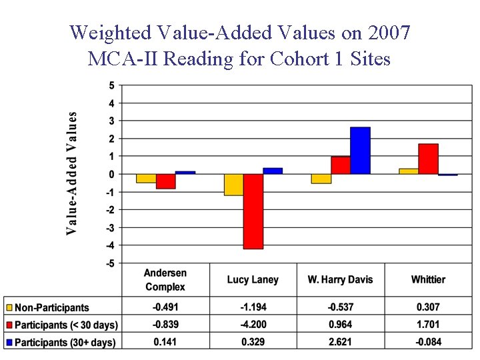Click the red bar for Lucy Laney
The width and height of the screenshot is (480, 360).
(x=253, y=211)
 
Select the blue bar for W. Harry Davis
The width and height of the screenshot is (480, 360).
(x=360, y=151)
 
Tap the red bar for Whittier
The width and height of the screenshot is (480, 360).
(x=428, y=159)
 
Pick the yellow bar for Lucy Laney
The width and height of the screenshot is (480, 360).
(x=234, y=185)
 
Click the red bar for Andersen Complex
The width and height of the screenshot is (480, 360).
(x=165, y=181)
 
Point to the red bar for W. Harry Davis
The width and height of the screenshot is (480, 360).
(x=341, y=165)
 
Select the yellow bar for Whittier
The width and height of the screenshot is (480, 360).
(x=409, y=171)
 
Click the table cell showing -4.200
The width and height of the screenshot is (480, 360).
(x=253, y=325)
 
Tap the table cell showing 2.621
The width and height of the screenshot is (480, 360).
(x=340, y=342)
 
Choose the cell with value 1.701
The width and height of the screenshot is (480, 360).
(x=428, y=325)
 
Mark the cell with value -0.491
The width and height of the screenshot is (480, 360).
(x=165, y=307)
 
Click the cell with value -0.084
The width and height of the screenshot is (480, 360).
(x=428, y=342)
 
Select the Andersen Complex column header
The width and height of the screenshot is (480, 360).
(x=165, y=280)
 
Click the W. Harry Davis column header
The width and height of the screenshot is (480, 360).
(x=340, y=280)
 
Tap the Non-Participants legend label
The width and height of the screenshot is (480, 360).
(x=52, y=308)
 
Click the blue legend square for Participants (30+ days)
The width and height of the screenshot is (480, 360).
(x=9, y=343)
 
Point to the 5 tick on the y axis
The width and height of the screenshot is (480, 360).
(x=111, y=85)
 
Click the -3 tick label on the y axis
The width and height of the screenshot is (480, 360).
(x=110, y=228)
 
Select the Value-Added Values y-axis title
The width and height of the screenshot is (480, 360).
(x=71, y=173)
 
